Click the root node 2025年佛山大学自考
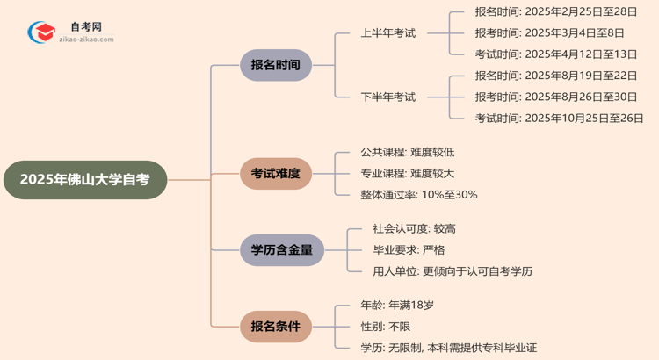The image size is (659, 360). point(84,179)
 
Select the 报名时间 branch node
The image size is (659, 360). point(275,65)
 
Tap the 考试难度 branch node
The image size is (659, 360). point(275,174)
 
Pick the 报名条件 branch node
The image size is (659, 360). point(275,327)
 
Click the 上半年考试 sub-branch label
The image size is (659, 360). point(387,33)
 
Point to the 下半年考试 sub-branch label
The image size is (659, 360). point(387,97)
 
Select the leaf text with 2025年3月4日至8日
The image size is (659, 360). point(549,33)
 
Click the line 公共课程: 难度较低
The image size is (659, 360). point(407,152)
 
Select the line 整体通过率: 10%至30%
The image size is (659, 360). point(418,194)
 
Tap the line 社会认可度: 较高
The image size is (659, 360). point(414,228)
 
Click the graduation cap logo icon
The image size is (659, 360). point(40,32)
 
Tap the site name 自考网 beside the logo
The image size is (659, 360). point(86,27)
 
